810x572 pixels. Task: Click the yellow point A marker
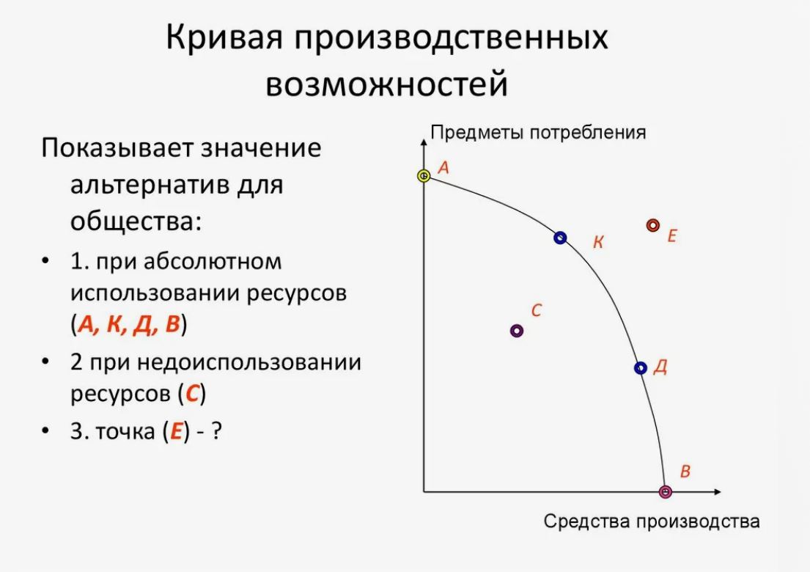424,176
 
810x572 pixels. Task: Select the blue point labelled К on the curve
560,238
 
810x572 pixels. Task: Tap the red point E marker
653,225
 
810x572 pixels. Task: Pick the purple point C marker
517,331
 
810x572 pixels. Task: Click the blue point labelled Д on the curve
641,368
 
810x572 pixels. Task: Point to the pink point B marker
666,492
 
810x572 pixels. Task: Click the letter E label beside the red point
671,236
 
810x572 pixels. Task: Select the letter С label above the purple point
536,310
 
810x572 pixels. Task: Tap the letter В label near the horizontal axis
685,472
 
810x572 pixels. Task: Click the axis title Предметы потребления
538,132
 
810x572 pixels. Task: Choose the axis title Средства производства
652,521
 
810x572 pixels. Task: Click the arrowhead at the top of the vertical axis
424,140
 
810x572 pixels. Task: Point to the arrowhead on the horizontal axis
718,492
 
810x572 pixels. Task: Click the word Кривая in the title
224,37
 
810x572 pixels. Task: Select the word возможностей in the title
387,84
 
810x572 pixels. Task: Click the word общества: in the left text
136,221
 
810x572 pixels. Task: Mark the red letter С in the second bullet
192,395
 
